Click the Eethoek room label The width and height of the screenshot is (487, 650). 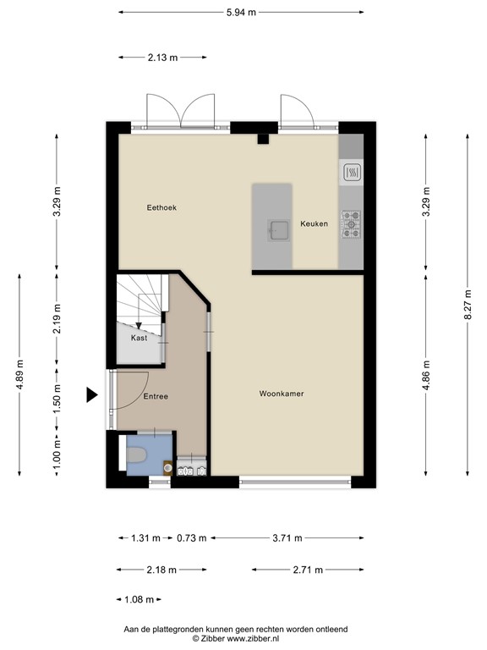tap(161, 207)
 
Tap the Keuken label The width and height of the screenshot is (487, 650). tap(314, 223)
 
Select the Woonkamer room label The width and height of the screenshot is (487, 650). tap(282, 394)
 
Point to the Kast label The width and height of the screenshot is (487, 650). tap(139, 338)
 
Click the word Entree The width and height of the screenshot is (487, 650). tap(155, 396)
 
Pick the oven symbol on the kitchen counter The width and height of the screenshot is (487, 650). tap(350, 174)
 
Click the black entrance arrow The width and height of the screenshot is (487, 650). tap(92, 394)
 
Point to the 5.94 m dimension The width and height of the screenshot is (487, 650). tap(241, 13)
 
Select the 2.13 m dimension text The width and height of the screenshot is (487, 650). tap(162, 58)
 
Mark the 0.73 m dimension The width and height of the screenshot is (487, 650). tap(192, 537)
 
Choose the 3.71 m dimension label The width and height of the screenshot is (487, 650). tap(287, 537)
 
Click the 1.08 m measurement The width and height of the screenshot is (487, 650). tap(139, 599)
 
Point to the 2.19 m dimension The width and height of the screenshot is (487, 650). tap(57, 318)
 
